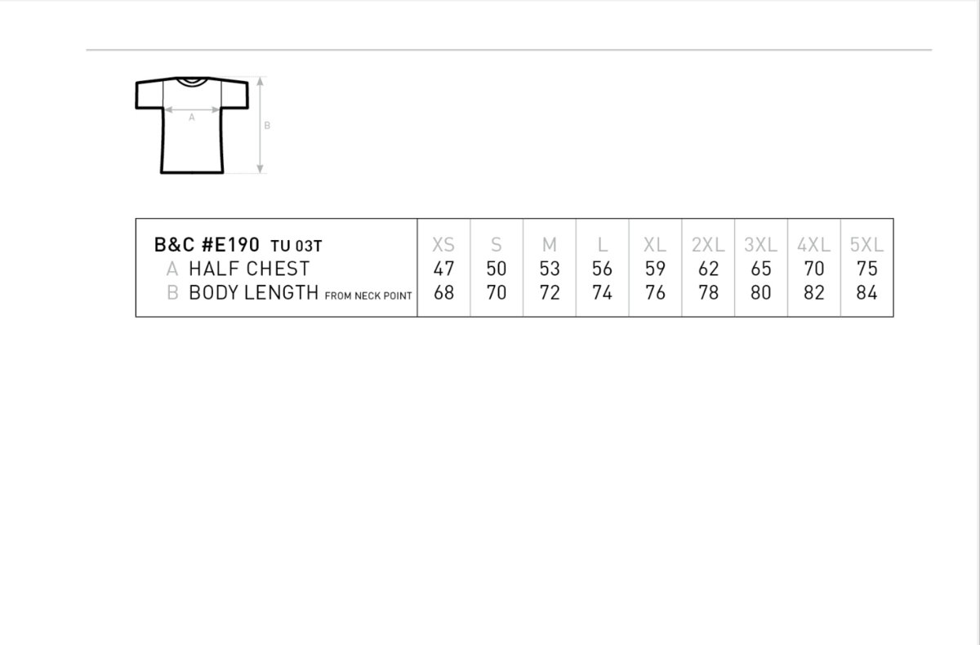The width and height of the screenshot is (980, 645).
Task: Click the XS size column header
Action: (443, 245)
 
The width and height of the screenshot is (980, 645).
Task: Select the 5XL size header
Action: (866, 245)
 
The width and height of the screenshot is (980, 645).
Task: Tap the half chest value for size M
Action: (549, 269)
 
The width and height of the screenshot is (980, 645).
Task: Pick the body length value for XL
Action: (655, 292)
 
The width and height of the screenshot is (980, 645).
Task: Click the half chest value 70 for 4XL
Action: (813, 269)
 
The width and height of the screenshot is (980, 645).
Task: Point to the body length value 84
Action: (866, 292)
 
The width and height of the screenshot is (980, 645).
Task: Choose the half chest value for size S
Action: (497, 269)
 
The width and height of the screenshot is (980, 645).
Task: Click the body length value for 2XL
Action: (708, 292)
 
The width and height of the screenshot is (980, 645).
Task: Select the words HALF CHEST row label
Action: (249, 269)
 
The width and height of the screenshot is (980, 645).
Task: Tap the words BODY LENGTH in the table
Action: (253, 292)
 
